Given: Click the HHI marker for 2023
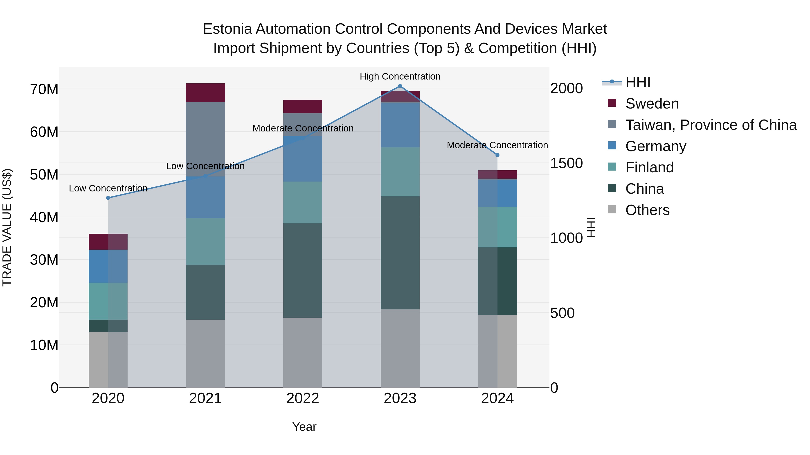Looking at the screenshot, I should click(400, 86).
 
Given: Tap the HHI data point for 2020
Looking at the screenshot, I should click(108, 198).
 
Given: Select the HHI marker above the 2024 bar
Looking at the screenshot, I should click(497, 155).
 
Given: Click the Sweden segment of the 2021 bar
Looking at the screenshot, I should click(205, 93).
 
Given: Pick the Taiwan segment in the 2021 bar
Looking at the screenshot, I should click(205, 138).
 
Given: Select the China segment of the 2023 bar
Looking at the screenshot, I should click(400, 253).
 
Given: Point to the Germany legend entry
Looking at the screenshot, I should click(656, 146).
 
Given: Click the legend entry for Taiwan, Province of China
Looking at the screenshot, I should click(711, 125).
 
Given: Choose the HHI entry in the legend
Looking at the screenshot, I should click(637, 82).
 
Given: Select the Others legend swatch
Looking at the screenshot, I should click(612, 209).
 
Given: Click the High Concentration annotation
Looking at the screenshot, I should click(400, 76).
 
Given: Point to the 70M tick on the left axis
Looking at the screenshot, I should click(44, 89).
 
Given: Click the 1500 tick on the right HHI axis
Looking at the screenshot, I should click(566, 163).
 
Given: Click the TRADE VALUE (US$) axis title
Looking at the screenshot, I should click(7, 227).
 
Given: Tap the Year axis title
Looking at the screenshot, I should click(304, 427).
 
